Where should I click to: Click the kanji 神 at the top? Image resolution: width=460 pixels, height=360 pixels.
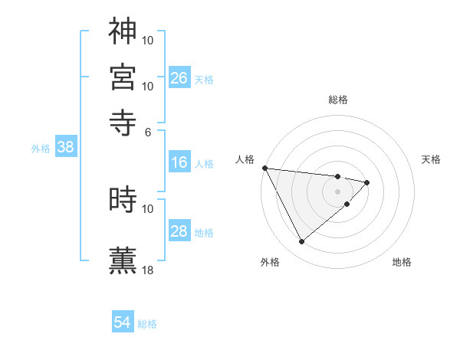click(x=123, y=31)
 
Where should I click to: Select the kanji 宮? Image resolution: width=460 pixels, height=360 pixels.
click(x=123, y=77)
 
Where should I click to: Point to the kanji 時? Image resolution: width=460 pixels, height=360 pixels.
click(x=123, y=200)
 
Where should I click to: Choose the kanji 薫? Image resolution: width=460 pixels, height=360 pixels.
click(x=123, y=259)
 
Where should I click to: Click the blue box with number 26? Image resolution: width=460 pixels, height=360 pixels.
click(x=179, y=78)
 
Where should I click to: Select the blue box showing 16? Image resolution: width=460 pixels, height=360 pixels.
click(x=179, y=162)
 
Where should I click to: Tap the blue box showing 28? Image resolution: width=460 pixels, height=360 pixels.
click(x=179, y=231)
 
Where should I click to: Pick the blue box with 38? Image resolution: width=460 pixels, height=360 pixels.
click(x=65, y=148)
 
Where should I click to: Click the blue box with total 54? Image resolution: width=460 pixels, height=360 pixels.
click(x=123, y=323)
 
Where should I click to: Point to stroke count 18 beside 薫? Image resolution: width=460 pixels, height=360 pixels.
click(x=148, y=270)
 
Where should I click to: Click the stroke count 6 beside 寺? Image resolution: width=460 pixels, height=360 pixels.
click(x=148, y=132)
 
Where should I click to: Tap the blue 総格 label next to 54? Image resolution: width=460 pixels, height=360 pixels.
click(x=147, y=324)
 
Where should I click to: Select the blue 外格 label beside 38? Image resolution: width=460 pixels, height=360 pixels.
click(x=41, y=149)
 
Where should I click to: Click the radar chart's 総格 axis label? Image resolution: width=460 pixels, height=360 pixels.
click(x=338, y=100)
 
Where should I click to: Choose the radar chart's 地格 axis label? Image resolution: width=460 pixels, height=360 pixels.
click(x=402, y=262)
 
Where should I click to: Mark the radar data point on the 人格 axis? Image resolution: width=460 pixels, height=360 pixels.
click(x=264, y=168)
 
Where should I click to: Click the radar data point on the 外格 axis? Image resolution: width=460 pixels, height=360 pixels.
click(x=301, y=242)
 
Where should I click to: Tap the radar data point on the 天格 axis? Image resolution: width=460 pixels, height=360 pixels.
click(x=367, y=182)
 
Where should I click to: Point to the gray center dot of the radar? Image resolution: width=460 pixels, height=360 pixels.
click(x=337, y=191)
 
